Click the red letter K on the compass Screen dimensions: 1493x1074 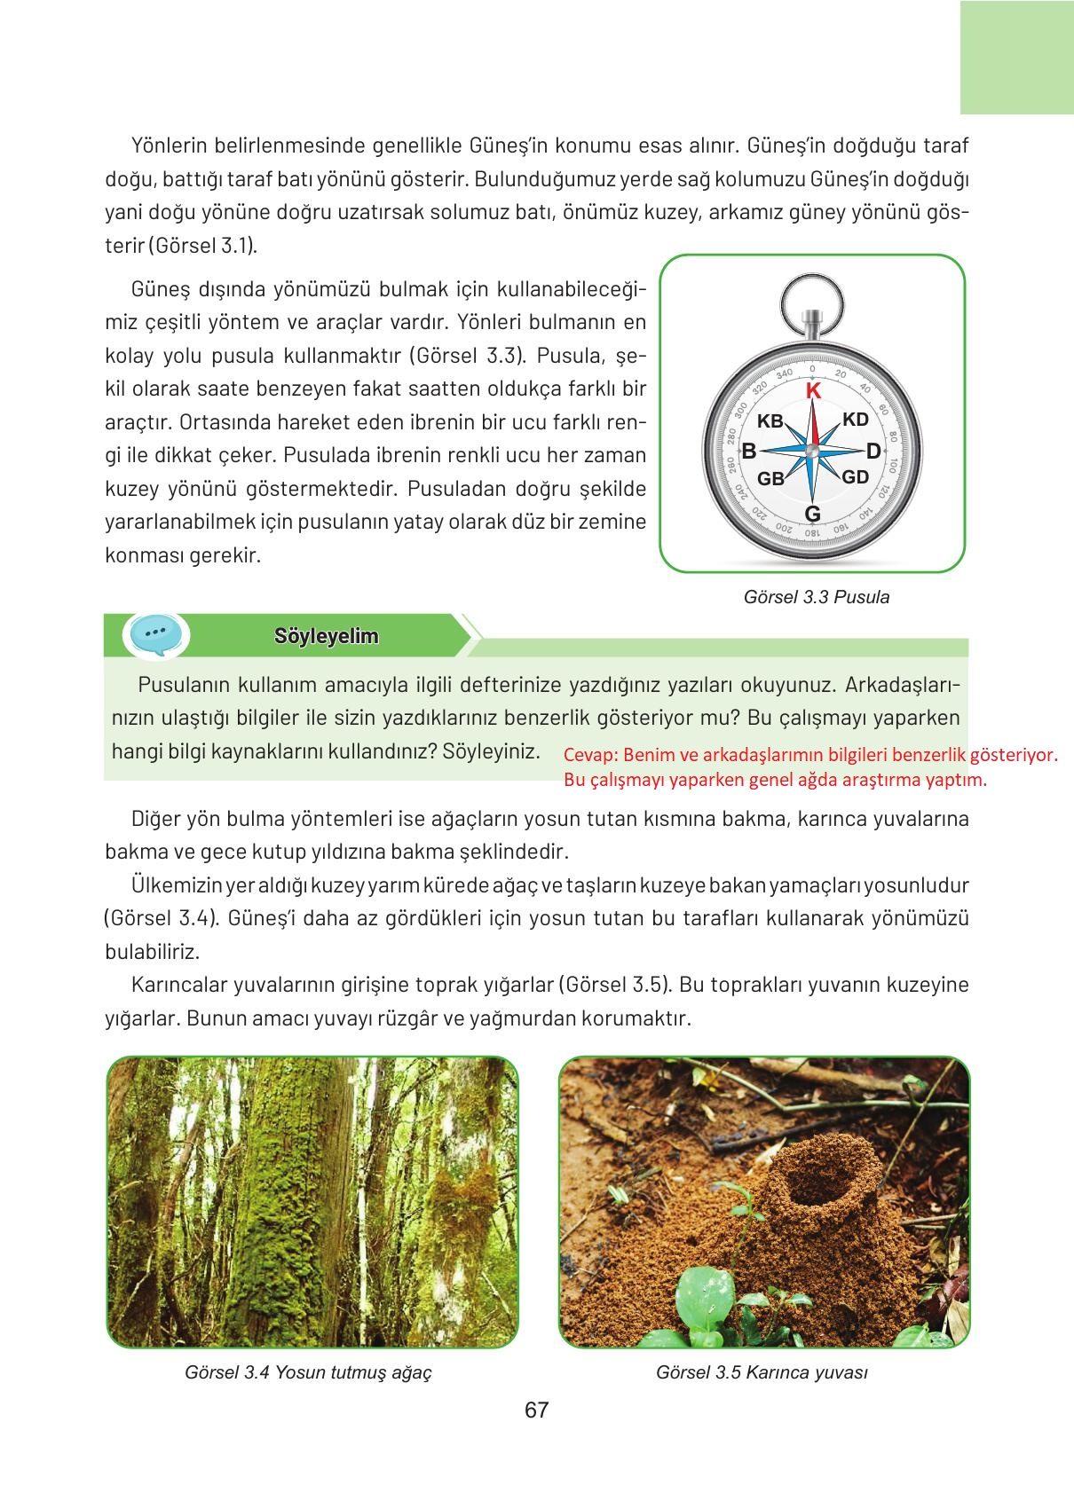tap(812, 391)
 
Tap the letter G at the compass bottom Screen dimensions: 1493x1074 tap(812, 515)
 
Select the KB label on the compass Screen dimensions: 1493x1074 tap(770, 422)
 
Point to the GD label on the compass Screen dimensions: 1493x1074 tap(855, 477)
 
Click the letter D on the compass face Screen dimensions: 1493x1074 tap(873, 452)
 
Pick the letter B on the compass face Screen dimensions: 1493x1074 tap(749, 452)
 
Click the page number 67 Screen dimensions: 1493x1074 tap(536, 1410)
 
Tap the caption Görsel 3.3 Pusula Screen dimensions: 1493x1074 tap(817, 597)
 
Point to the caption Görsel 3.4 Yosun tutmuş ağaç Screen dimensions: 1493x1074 tap(309, 1372)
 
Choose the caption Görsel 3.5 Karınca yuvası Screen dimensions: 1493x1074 tap(762, 1372)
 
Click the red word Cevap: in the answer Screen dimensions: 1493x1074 tap(590, 755)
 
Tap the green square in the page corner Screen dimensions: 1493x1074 tap(1016, 57)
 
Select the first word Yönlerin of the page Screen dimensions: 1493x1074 tap(171, 145)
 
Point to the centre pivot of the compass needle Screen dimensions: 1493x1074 tap(812, 451)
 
